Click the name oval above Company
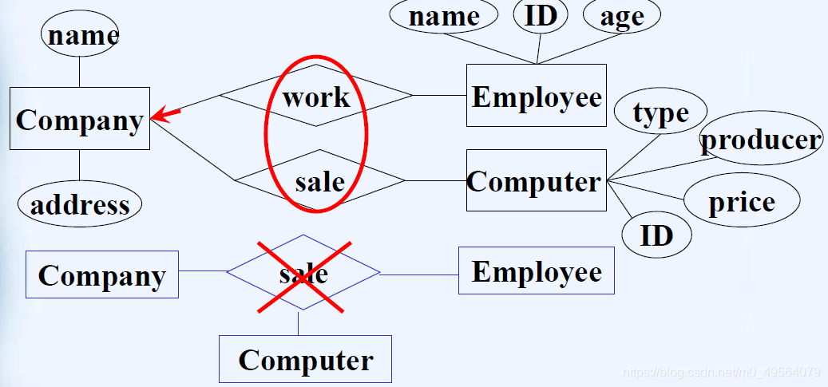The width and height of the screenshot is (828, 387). [x=80, y=35]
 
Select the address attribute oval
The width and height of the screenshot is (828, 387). [x=80, y=205]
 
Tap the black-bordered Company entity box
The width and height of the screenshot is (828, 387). [x=80, y=119]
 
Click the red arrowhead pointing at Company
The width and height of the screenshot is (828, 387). [x=164, y=116]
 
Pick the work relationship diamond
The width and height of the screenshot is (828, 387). [x=316, y=97]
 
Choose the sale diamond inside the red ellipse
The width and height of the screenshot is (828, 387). [x=319, y=181]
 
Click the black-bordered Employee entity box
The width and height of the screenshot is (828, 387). [x=537, y=96]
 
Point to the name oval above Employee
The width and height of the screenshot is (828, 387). [x=444, y=17]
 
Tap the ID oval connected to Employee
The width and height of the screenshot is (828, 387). [x=541, y=16]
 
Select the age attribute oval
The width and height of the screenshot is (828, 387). [x=621, y=17]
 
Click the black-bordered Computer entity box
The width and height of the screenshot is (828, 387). [x=536, y=181]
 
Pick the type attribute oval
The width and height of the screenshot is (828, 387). [x=660, y=113]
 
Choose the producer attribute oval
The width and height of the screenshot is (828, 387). [x=761, y=140]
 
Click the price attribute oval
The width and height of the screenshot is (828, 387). [x=742, y=202]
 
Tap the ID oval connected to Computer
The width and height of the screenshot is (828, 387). [x=656, y=235]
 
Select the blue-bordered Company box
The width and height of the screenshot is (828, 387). [x=102, y=275]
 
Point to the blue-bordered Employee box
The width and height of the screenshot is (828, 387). [x=537, y=271]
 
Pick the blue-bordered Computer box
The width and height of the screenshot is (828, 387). [x=306, y=359]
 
